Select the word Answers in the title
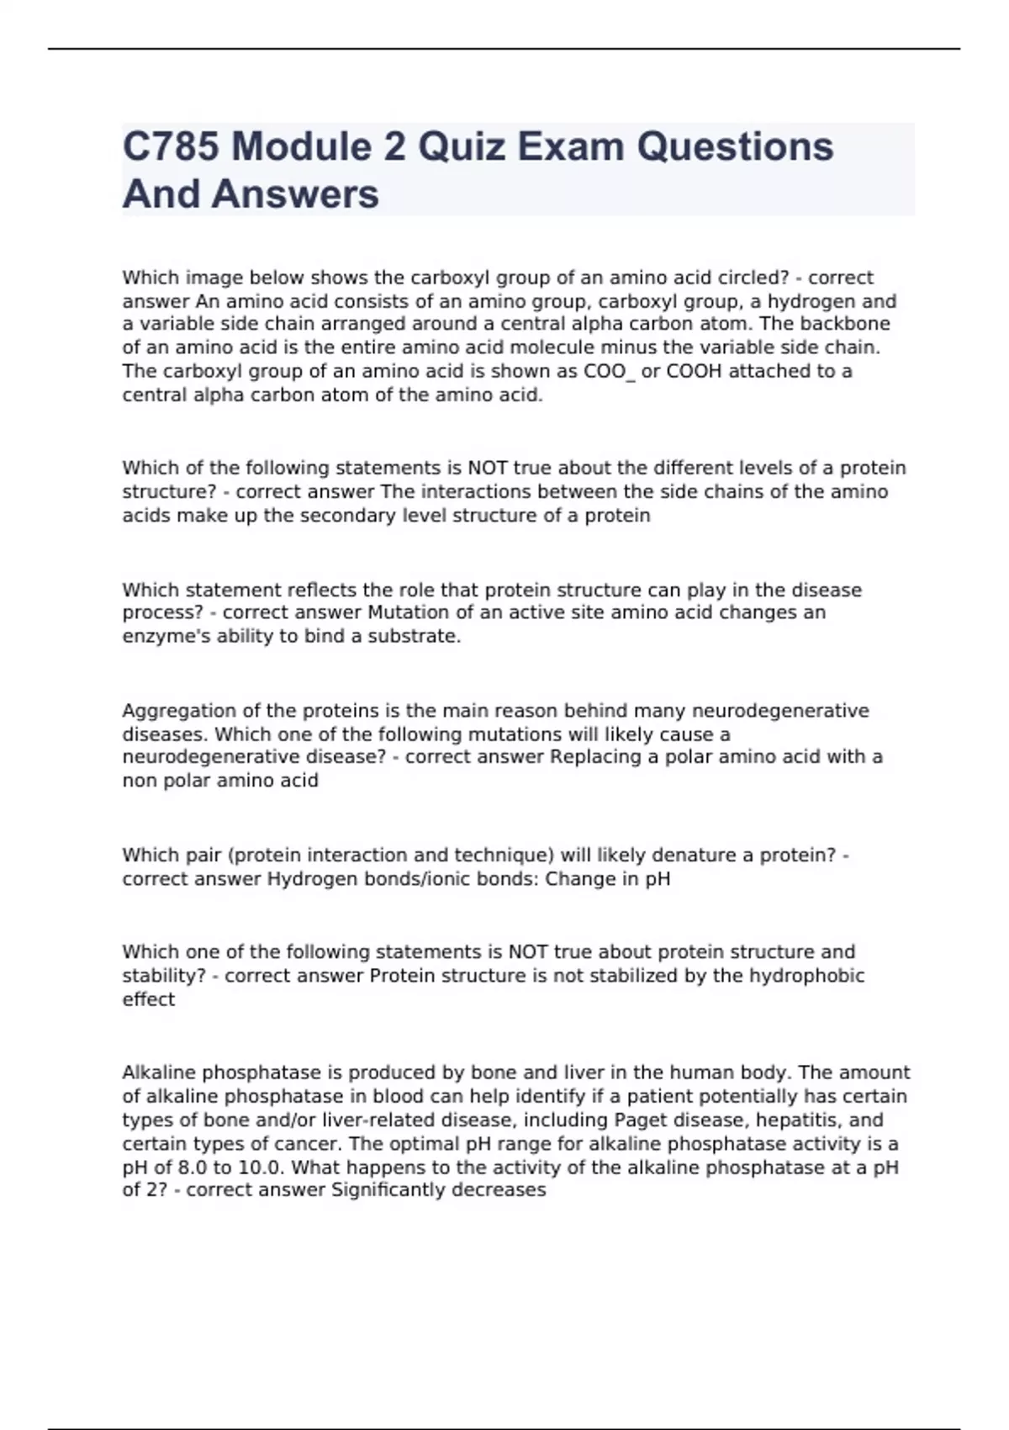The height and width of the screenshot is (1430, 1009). point(296,194)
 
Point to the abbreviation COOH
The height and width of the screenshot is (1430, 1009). point(694,371)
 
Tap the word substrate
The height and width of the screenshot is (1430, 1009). point(415,636)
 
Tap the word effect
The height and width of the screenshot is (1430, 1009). point(148,999)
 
